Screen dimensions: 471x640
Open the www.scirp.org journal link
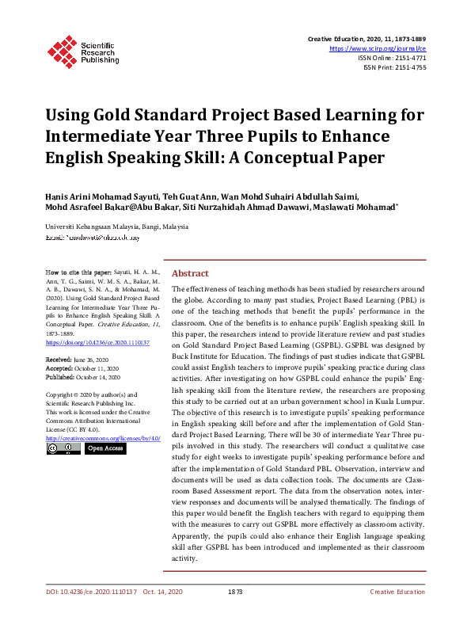click(382, 48)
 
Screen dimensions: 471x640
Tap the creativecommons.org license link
click(103, 438)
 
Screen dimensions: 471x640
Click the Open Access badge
click(105, 449)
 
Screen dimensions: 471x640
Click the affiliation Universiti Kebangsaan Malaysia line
click(117, 227)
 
